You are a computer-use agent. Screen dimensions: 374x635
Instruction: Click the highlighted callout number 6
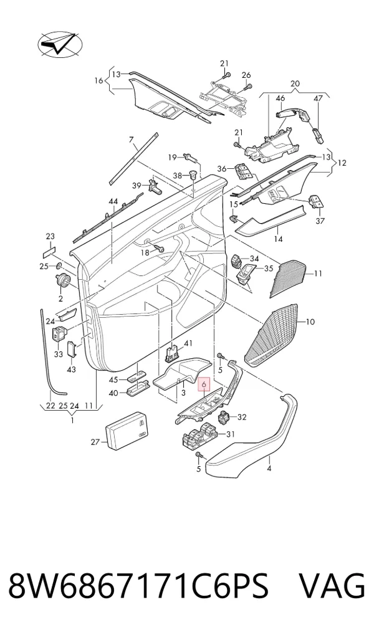(204, 384)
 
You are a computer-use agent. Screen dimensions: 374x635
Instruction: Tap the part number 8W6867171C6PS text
(138, 586)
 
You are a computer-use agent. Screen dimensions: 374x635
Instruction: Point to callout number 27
(95, 442)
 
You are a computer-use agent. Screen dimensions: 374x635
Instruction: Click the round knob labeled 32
(226, 417)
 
